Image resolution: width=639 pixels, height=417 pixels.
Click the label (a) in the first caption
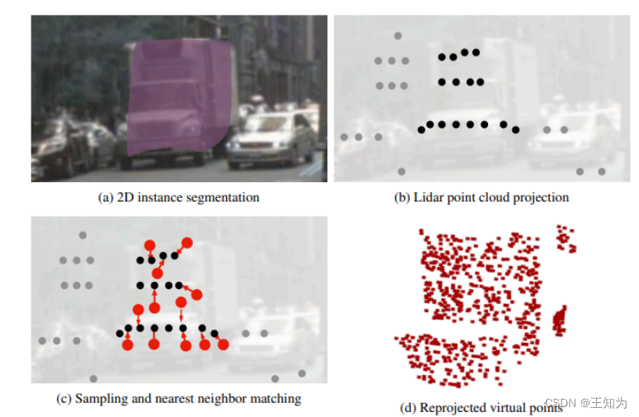pyautogui.click(x=106, y=198)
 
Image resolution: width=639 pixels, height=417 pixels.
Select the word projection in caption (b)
pyautogui.click(x=543, y=198)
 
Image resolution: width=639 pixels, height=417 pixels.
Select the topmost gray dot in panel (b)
pyautogui.click(x=398, y=36)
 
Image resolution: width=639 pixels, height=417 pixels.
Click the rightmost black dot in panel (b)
pyautogui.click(x=516, y=129)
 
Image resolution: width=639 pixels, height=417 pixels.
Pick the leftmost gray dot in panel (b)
pyautogui.click(x=344, y=137)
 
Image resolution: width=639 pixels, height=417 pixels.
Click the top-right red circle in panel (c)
pyautogui.click(x=187, y=243)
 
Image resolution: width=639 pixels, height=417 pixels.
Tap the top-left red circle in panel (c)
pyautogui.click(x=149, y=246)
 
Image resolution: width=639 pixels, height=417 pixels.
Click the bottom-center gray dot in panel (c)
pyautogui.click(x=93, y=378)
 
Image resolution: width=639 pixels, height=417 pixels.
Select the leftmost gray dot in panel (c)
pyautogui.click(x=41, y=340)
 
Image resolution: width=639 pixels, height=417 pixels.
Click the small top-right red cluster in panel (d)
pyautogui.click(x=565, y=238)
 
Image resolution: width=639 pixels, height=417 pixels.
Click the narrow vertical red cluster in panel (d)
pyautogui.click(x=561, y=318)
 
